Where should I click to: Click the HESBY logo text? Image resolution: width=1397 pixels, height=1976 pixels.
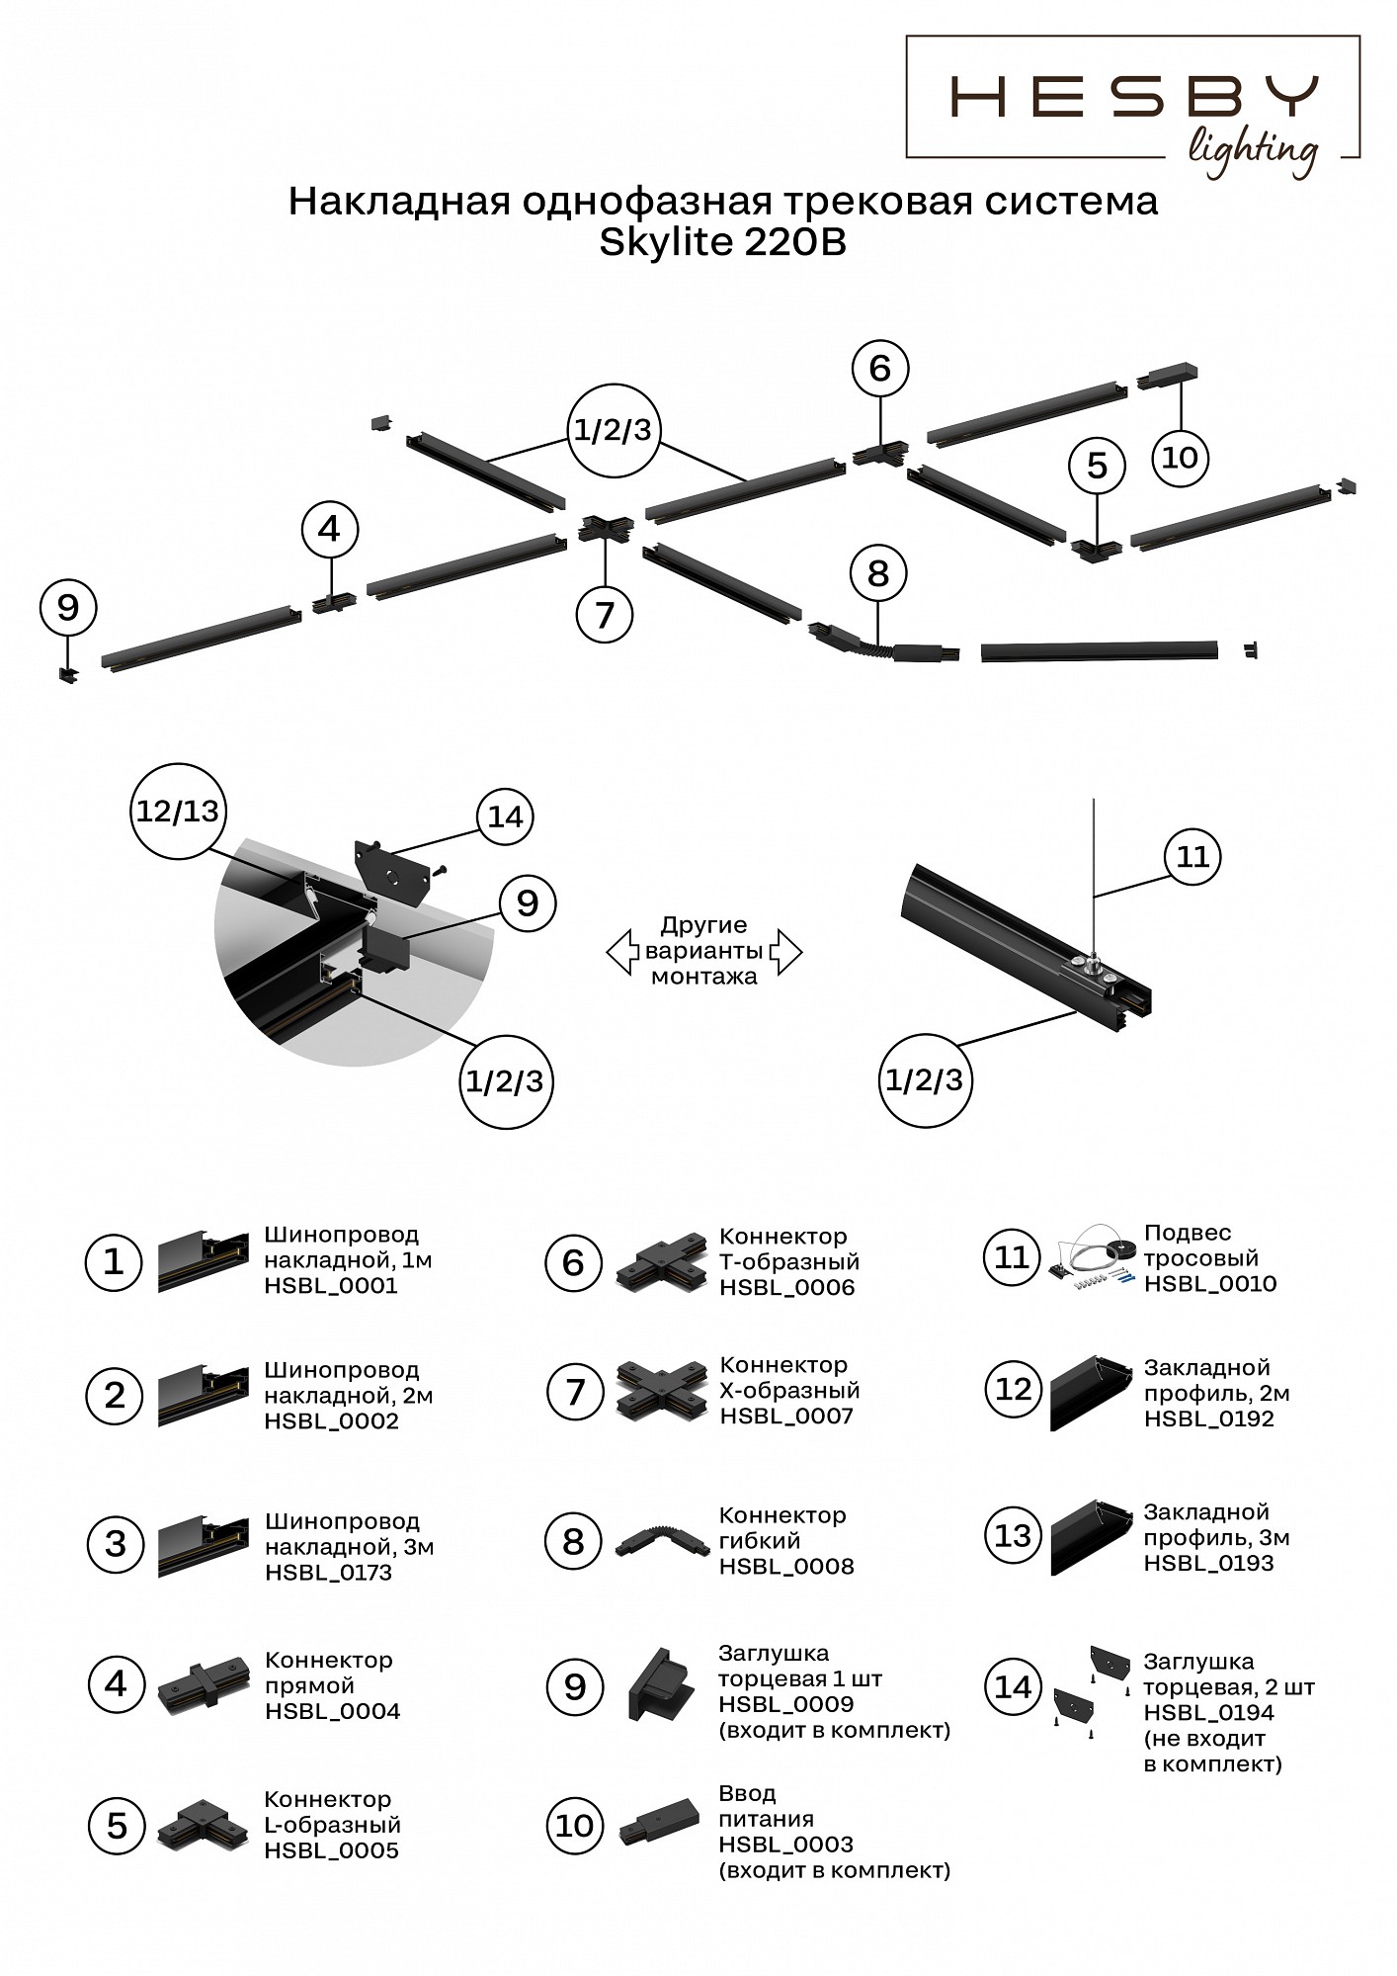(1133, 98)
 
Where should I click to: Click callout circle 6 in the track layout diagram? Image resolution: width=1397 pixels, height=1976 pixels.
(879, 369)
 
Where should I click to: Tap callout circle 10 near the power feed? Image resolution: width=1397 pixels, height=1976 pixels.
(1181, 457)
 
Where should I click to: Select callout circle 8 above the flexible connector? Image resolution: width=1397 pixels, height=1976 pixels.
(878, 573)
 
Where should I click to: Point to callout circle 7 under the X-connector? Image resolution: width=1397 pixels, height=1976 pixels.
(605, 614)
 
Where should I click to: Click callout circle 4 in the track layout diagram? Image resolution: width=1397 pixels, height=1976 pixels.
(329, 530)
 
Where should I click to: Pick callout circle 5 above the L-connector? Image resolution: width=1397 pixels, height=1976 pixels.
(1097, 466)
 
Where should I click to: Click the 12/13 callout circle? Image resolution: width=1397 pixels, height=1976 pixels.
(178, 812)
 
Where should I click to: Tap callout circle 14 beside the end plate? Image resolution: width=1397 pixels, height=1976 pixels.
(505, 816)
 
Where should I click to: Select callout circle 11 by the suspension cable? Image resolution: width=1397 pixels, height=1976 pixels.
(1193, 856)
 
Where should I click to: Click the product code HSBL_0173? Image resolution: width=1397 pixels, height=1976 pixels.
(328, 1573)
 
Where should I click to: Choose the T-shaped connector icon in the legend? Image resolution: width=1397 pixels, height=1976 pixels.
(659, 1262)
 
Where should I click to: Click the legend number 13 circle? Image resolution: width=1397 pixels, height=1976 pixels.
(1013, 1535)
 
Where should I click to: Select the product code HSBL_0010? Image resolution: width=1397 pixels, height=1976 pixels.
(1209, 1284)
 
